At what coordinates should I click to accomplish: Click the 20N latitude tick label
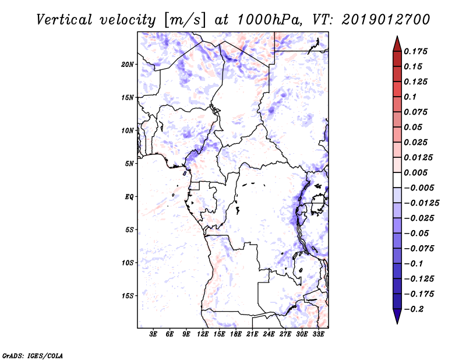point(128,64)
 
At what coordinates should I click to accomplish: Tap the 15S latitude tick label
point(128,296)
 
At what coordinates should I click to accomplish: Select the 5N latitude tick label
point(129,164)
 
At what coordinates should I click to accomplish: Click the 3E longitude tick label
point(154,334)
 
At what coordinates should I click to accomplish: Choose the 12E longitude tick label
point(203,334)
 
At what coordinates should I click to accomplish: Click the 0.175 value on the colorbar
point(416,51)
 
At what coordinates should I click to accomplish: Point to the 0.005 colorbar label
point(416,173)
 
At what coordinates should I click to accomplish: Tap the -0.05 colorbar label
point(416,234)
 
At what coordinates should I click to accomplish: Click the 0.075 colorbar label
point(416,112)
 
